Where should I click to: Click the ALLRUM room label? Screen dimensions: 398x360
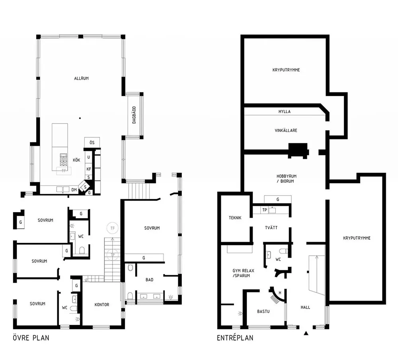tap(81, 78)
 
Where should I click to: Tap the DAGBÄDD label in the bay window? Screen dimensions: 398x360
tap(134, 115)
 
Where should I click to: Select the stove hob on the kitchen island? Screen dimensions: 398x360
tap(63, 160)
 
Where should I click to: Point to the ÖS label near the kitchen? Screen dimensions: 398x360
tap(92, 143)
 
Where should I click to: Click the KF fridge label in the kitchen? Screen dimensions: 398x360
tap(89, 169)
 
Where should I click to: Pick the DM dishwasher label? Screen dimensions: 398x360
tap(74, 190)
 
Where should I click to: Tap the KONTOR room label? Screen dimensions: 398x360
tap(102, 305)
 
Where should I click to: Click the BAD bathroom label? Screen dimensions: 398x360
tap(150, 280)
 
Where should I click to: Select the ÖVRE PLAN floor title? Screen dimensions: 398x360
tap(31, 338)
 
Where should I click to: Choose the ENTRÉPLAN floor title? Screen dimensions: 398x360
tap(235, 338)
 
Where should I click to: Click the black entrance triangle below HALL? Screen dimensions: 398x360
tap(306, 333)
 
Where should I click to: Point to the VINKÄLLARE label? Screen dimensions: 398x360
tap(286, 131)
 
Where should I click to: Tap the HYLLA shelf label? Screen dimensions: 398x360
tap(284, 112)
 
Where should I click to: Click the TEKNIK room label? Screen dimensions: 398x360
tap(235, 218)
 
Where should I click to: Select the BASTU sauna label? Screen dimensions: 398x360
tap(263, 311)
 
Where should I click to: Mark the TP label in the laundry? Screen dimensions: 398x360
tap(265, 210)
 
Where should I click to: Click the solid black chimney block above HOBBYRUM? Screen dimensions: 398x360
tap(298, 151)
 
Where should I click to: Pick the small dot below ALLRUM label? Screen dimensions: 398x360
tap(80, 118)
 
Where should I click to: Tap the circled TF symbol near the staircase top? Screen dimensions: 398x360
tap(113, 228)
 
